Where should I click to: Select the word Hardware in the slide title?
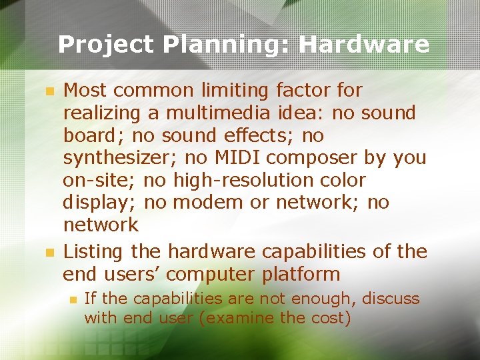tap(364, 45)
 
